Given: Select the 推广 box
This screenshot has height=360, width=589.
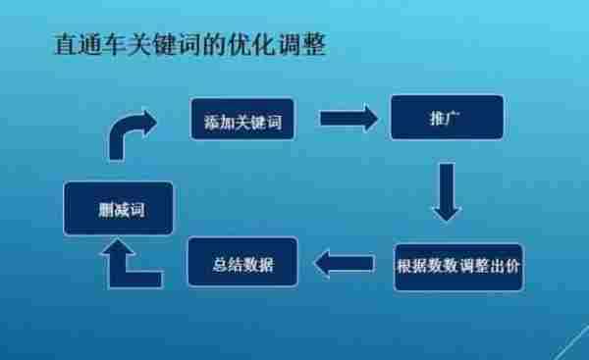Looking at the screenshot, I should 447,118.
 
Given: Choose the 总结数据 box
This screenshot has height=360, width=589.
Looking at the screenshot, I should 242,264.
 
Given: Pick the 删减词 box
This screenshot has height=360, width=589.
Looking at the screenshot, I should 118,208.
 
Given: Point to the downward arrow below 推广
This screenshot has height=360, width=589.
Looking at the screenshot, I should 447,191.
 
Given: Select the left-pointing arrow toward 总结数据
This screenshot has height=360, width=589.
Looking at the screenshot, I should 344,263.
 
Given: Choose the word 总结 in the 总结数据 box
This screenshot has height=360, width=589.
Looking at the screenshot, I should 229,264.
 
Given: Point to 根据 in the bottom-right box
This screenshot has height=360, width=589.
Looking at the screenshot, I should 410,266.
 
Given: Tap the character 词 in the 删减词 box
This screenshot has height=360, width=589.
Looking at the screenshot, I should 135,208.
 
